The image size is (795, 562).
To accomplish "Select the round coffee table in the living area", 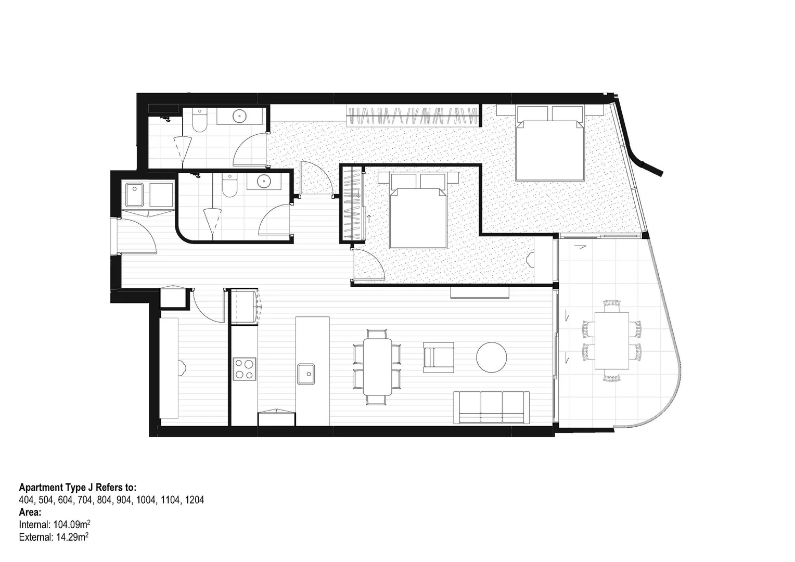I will tap(491, 357).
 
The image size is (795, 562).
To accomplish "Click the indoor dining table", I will tap(378, 366).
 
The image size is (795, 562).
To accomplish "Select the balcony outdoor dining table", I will tap(611, 340).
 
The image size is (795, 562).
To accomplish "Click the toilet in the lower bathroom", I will tap(229, 186).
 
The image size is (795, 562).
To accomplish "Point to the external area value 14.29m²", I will tap(72, 537).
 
